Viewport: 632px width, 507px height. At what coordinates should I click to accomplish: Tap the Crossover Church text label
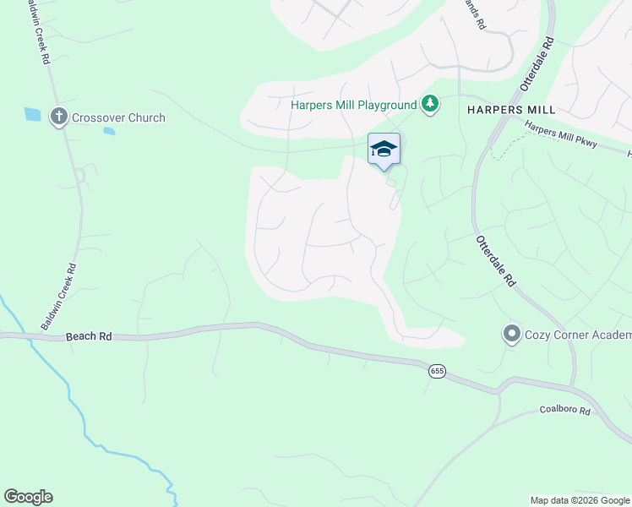(x=118, y=118)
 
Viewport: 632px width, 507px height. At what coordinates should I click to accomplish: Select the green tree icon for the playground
(x=431, y=104)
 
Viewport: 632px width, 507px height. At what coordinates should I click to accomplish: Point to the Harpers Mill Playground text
(x=353, y=105)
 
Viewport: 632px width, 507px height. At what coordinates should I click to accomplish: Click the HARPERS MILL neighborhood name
(x=511, y=110)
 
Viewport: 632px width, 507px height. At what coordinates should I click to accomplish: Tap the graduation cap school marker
(x=384, y=148)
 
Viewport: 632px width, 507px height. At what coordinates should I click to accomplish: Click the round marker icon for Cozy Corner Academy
(x=510, y=334)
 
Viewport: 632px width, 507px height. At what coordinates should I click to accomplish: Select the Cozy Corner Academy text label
(x=577, y=335)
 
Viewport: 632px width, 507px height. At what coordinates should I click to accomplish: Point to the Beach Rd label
(x=89, y=336)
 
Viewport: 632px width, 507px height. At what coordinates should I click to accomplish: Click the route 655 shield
(x=436, y=371)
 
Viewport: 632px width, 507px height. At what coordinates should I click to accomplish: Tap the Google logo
(x=28, y=497)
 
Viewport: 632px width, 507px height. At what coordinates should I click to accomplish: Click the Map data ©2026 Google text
(x=580, y=500)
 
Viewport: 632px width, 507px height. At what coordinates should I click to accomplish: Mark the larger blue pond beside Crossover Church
(x=32, y=114)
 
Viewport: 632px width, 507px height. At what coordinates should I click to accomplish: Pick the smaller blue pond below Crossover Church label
(x=109, y=131)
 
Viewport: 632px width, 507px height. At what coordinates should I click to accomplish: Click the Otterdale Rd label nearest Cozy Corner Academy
(x=496, y=262)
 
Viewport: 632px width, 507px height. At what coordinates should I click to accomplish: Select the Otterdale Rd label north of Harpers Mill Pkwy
(x=537, y=63)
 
